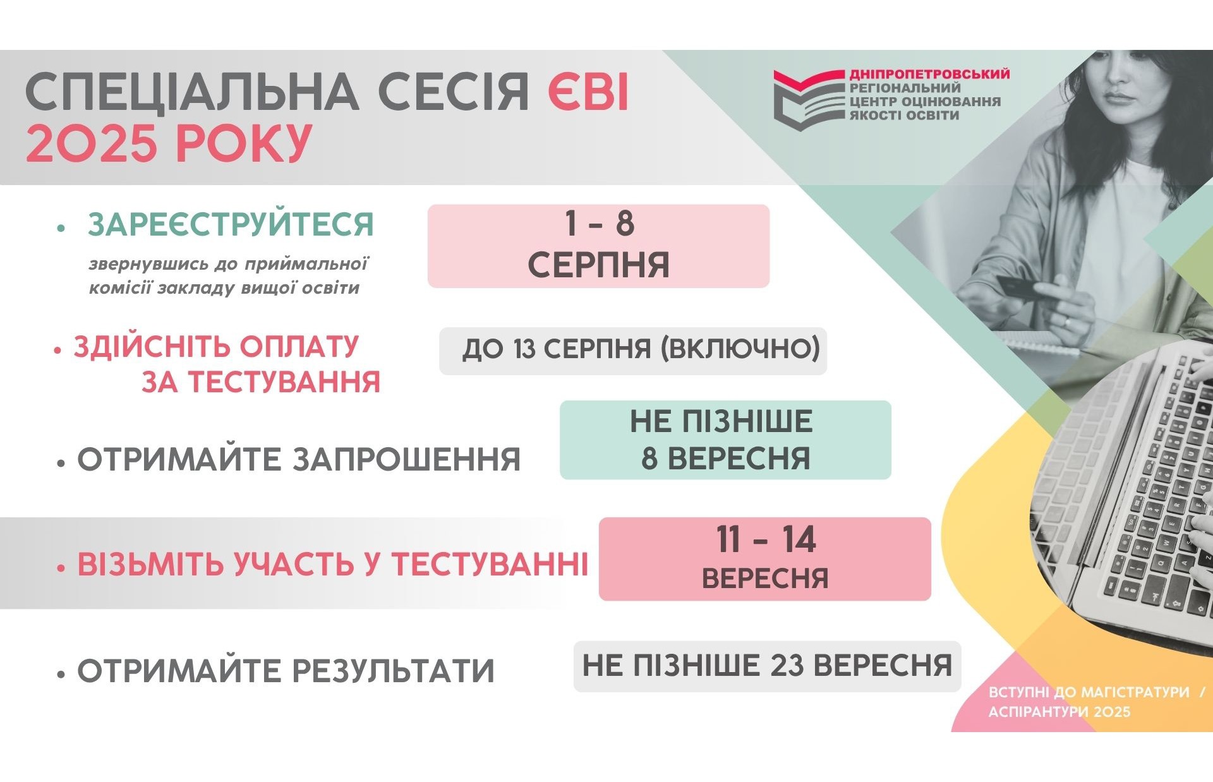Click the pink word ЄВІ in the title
coord(588,92)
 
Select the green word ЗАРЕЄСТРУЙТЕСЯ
coord(231,225)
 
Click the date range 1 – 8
coord(599,224)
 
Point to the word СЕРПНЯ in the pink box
coord(598,265)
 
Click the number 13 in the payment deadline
coord(524,349)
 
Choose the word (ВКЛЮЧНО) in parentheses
coord(740,349)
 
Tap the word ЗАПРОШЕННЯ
coord(406,459)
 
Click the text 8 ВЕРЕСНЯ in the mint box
coord(725,459)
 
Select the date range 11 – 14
coord(765,540)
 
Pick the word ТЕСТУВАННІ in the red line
coord(490,564)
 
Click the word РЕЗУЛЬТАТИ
coord(392,671)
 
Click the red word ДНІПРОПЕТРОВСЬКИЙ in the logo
coord(929,75)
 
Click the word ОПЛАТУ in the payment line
coord(299,347)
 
